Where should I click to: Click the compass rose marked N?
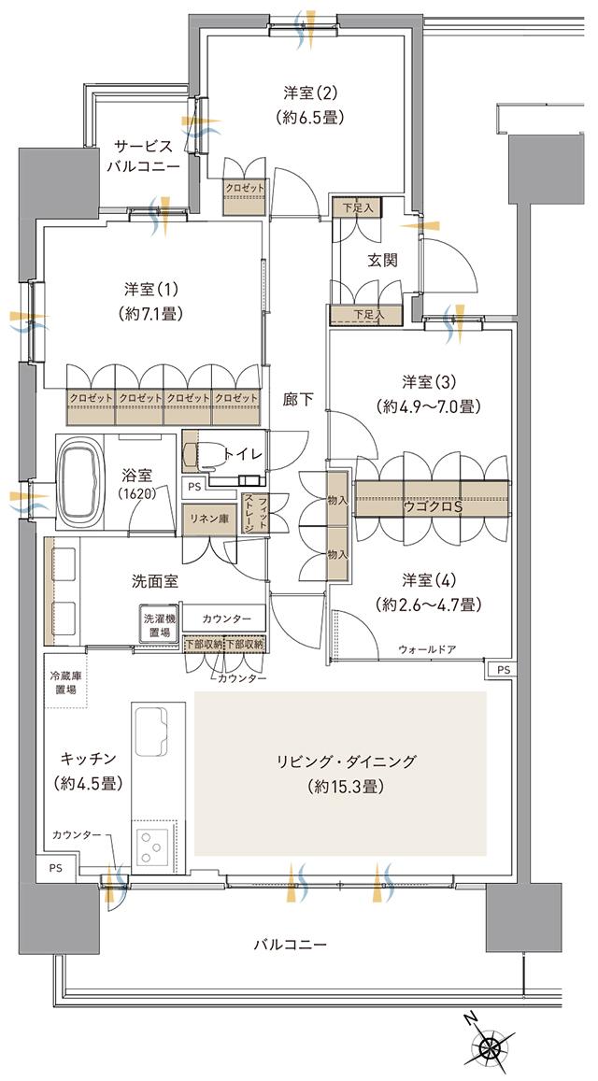coord(490,1047)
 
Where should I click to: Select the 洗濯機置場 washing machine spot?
coord(157,625)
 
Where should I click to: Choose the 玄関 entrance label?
coord(381,261)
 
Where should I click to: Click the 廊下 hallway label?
coord(298,399)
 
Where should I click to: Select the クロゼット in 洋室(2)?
coord(245,188)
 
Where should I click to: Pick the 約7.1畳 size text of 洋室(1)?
coord(149,315)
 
